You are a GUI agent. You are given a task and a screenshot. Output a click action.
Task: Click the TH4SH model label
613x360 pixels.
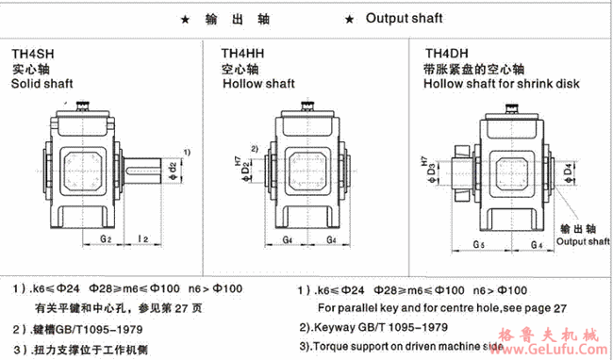click(31, 55)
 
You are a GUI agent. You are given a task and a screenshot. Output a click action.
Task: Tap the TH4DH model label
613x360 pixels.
click(446, 55)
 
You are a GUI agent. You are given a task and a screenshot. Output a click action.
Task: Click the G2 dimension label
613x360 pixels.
click(106, 239)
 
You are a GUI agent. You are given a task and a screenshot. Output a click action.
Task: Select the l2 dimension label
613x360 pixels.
click(143, 239)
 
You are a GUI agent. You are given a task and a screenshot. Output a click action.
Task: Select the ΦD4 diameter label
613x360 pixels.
click(569, 172)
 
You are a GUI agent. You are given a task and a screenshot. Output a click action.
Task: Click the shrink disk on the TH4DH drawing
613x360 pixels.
click(458, 172)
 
